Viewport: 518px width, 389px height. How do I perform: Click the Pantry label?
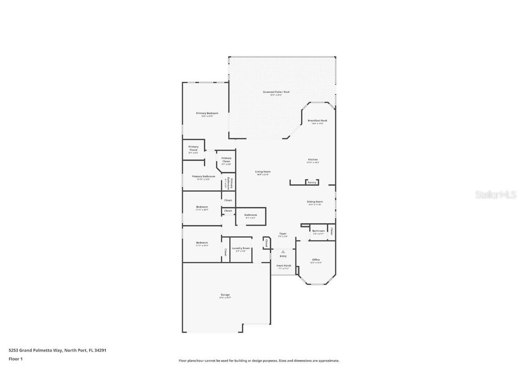(x=312, y=182)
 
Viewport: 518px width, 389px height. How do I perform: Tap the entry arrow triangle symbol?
(x=283, y=252)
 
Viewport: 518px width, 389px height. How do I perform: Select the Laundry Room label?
(x=241, y=248)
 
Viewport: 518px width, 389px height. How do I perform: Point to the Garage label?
(x=225, y=295)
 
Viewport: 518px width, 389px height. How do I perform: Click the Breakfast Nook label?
(x=317, y=121)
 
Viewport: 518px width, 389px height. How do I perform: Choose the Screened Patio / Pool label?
(x=276, y=92)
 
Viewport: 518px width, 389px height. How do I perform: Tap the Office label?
(x=316, y=260)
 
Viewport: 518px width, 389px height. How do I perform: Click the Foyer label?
(x=283, y=234)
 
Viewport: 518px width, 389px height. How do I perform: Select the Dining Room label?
(x=315, y=202)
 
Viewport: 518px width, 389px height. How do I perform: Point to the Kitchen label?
(x=313, y=159)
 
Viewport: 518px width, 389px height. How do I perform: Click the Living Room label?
(x=263, y=172)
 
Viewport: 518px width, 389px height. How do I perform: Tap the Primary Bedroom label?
(x=207, y=113)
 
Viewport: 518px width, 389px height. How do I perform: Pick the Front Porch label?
(x=284, y=266)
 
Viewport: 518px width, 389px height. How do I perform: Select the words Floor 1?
(x=15, y=359)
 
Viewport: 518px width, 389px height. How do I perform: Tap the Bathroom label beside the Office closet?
(x=318, y=231)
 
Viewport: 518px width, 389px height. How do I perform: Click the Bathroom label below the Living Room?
(x=250, y=215)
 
